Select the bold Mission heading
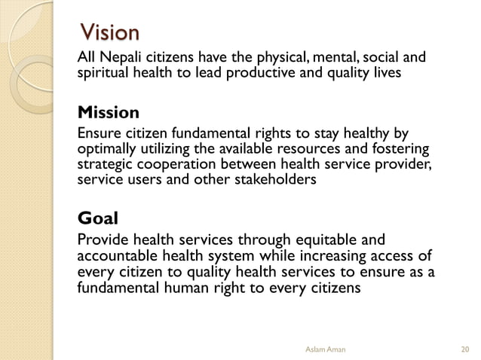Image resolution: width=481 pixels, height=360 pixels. [x=109, y=114]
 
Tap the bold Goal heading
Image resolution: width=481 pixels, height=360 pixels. [x=98, y=219]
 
